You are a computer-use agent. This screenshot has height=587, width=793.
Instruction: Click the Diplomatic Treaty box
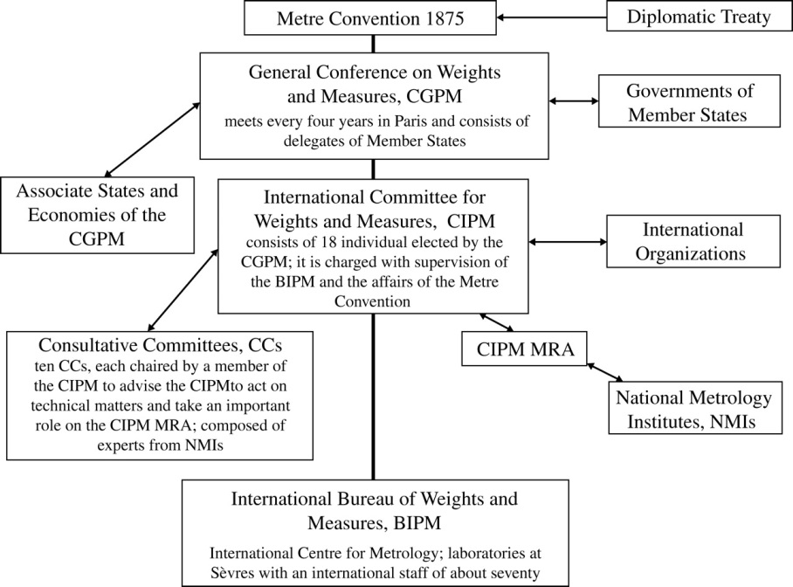[699, 17]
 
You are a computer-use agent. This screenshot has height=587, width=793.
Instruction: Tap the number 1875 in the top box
[445, 18]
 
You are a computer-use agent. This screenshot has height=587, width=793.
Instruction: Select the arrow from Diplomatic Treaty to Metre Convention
[551, 17]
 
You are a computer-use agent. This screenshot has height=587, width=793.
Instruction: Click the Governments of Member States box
[689, 101]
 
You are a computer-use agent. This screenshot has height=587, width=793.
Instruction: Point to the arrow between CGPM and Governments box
[574, 101]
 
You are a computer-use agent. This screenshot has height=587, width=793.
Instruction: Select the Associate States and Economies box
[97, 215]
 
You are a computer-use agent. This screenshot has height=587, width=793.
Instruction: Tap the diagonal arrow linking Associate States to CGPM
[152, 140]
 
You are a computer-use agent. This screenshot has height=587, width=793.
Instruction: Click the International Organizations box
[693, 241]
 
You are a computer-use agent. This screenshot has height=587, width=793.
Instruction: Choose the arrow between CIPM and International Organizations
[568, 242]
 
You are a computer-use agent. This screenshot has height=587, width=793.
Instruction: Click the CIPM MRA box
[524, 349]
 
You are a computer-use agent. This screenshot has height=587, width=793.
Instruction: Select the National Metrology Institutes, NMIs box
[695, 408]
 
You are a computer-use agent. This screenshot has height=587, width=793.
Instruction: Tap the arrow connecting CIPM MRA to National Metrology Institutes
[605, 371]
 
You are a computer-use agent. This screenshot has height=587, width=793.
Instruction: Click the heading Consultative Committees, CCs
[160, 345]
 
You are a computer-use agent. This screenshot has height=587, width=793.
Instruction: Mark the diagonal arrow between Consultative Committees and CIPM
[183, 290]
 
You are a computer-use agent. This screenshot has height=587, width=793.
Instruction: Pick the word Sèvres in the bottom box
[232, 573]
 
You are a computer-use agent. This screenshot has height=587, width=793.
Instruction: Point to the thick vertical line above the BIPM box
[373, 397]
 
